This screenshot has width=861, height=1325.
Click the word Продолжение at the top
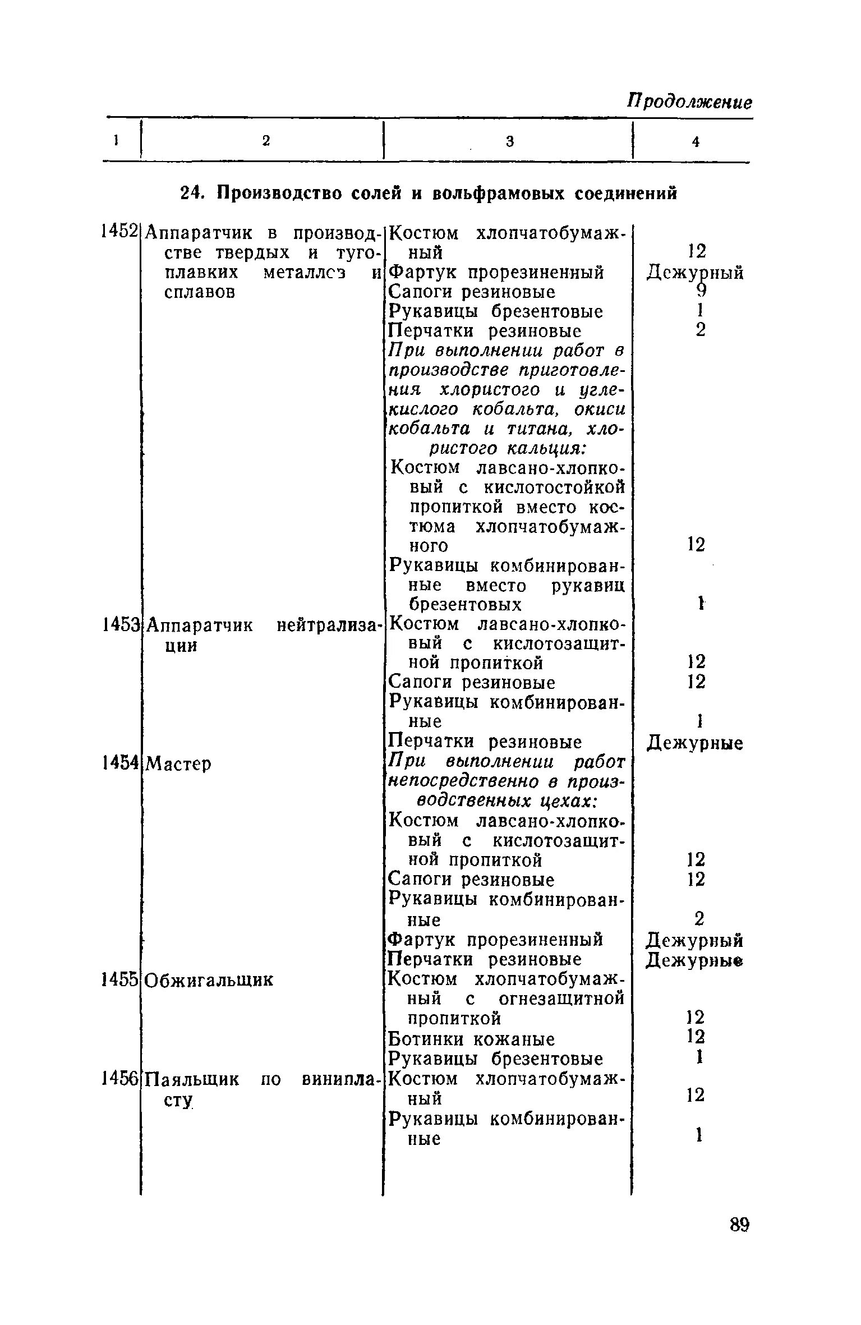pos(689,102)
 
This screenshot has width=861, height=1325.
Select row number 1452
pos(119,231)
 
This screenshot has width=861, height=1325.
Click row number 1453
pos(119,624)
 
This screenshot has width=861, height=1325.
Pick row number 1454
pos(119,762)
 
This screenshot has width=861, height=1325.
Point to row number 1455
pos(119,979)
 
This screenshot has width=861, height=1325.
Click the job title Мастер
pos(178,763)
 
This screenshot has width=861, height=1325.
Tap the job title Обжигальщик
pos(209,981)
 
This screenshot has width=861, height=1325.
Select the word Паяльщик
pos(192,1079)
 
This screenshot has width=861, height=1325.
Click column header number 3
pos(509,142)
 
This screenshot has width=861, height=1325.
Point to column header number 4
pos(696,142)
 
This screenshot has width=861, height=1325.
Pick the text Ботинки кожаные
pos(472,1039)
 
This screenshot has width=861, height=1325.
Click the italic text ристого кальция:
pos(507,449)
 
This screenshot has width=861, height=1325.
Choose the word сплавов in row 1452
pos(199,292)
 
